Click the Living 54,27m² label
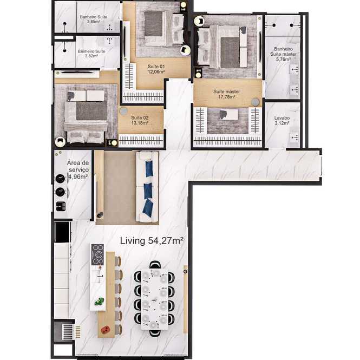[x=152, y=241]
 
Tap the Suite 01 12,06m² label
[x=156, y=69]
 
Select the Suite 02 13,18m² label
[x=140, y=120]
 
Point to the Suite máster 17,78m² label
[x=226, y=94]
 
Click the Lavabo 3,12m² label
[x=282, y=120]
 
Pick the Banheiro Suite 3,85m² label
[x=94, y=19]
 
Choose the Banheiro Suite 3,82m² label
[x=91, y=54]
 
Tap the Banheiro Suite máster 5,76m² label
[x=283, y=54]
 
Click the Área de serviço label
[x=78, y=166]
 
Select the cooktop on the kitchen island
[x=97, y=254]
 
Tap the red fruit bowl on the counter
[x=106, y=330]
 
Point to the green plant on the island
[x=99, y=301]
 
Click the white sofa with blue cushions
[x=147, y=186]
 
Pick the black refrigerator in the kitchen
[x=62, y=232]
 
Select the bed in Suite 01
[x=163, y=29]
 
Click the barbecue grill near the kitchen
[x=65, y=331]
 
